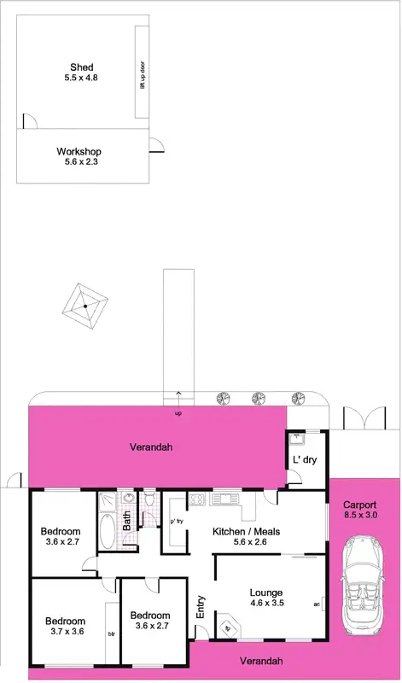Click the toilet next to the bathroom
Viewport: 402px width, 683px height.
point(149,498)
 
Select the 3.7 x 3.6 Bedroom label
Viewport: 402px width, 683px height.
point(65,626)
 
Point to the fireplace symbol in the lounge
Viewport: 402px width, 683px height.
point(227,629)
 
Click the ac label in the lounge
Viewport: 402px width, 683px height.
point(317,604)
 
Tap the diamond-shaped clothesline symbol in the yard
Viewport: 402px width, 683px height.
point(85,306)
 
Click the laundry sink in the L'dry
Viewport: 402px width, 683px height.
point(296,440)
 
